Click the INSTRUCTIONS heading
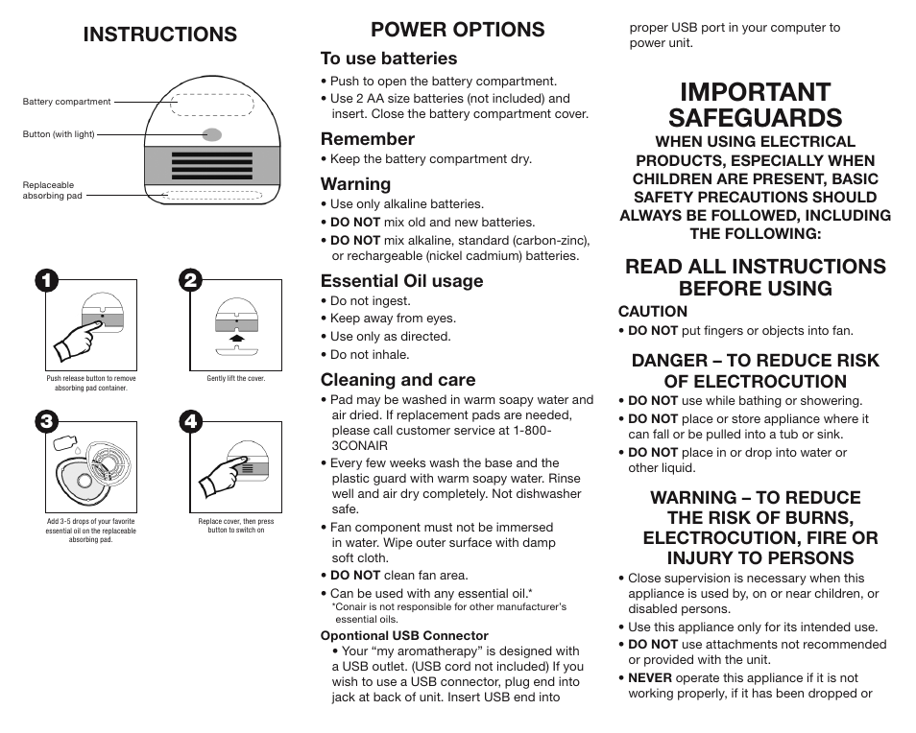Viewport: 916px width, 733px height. tap(159, 35)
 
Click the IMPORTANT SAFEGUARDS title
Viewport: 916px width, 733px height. tap(755, 105)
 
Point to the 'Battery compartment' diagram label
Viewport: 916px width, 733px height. tap(66, 102)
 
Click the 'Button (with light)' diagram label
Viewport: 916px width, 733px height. tap(59, 134)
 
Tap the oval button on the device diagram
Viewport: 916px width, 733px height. tap(212, 134)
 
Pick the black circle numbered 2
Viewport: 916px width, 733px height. tap(191, 280)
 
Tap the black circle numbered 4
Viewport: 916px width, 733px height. tap(191, 421)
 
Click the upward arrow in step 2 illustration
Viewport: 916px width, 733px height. tap(236, 338)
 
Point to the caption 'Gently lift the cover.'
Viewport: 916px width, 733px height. tap(236, 379)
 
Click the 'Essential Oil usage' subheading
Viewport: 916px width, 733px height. tap(401, 281)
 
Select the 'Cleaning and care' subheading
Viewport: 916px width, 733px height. tap(398, 380)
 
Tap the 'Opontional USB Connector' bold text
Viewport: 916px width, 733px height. tap(404, 635)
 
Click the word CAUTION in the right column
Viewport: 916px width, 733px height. tap(652, 311)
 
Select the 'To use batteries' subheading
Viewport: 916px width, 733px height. tap(389, 59)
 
